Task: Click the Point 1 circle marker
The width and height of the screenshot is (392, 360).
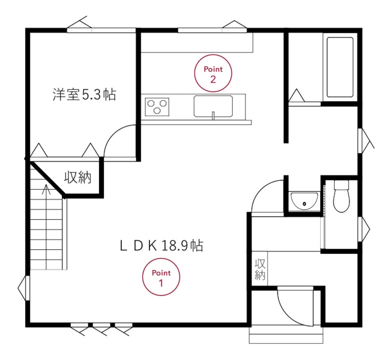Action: click(161, 277)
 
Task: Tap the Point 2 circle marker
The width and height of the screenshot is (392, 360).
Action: click(213, 73)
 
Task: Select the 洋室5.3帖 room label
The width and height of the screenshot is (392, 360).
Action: click(84, 95)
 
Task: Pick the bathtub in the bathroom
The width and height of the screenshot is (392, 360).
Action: click(340, 67)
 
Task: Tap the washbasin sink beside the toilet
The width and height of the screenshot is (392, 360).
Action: click(304, 201)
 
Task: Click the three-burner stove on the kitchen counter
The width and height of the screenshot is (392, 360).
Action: click(157, 107)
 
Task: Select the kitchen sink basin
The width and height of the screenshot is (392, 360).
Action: click(213, 106)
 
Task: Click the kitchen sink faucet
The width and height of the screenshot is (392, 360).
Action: click(213, 115)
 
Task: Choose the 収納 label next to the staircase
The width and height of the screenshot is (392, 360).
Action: click(78, 178)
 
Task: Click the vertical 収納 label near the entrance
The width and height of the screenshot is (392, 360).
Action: click(260, 269)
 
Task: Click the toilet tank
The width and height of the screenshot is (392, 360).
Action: click(341, 185)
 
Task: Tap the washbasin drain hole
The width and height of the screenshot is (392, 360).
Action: click(304, 204)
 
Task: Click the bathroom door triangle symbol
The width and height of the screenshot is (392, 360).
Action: click(297, 96)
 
